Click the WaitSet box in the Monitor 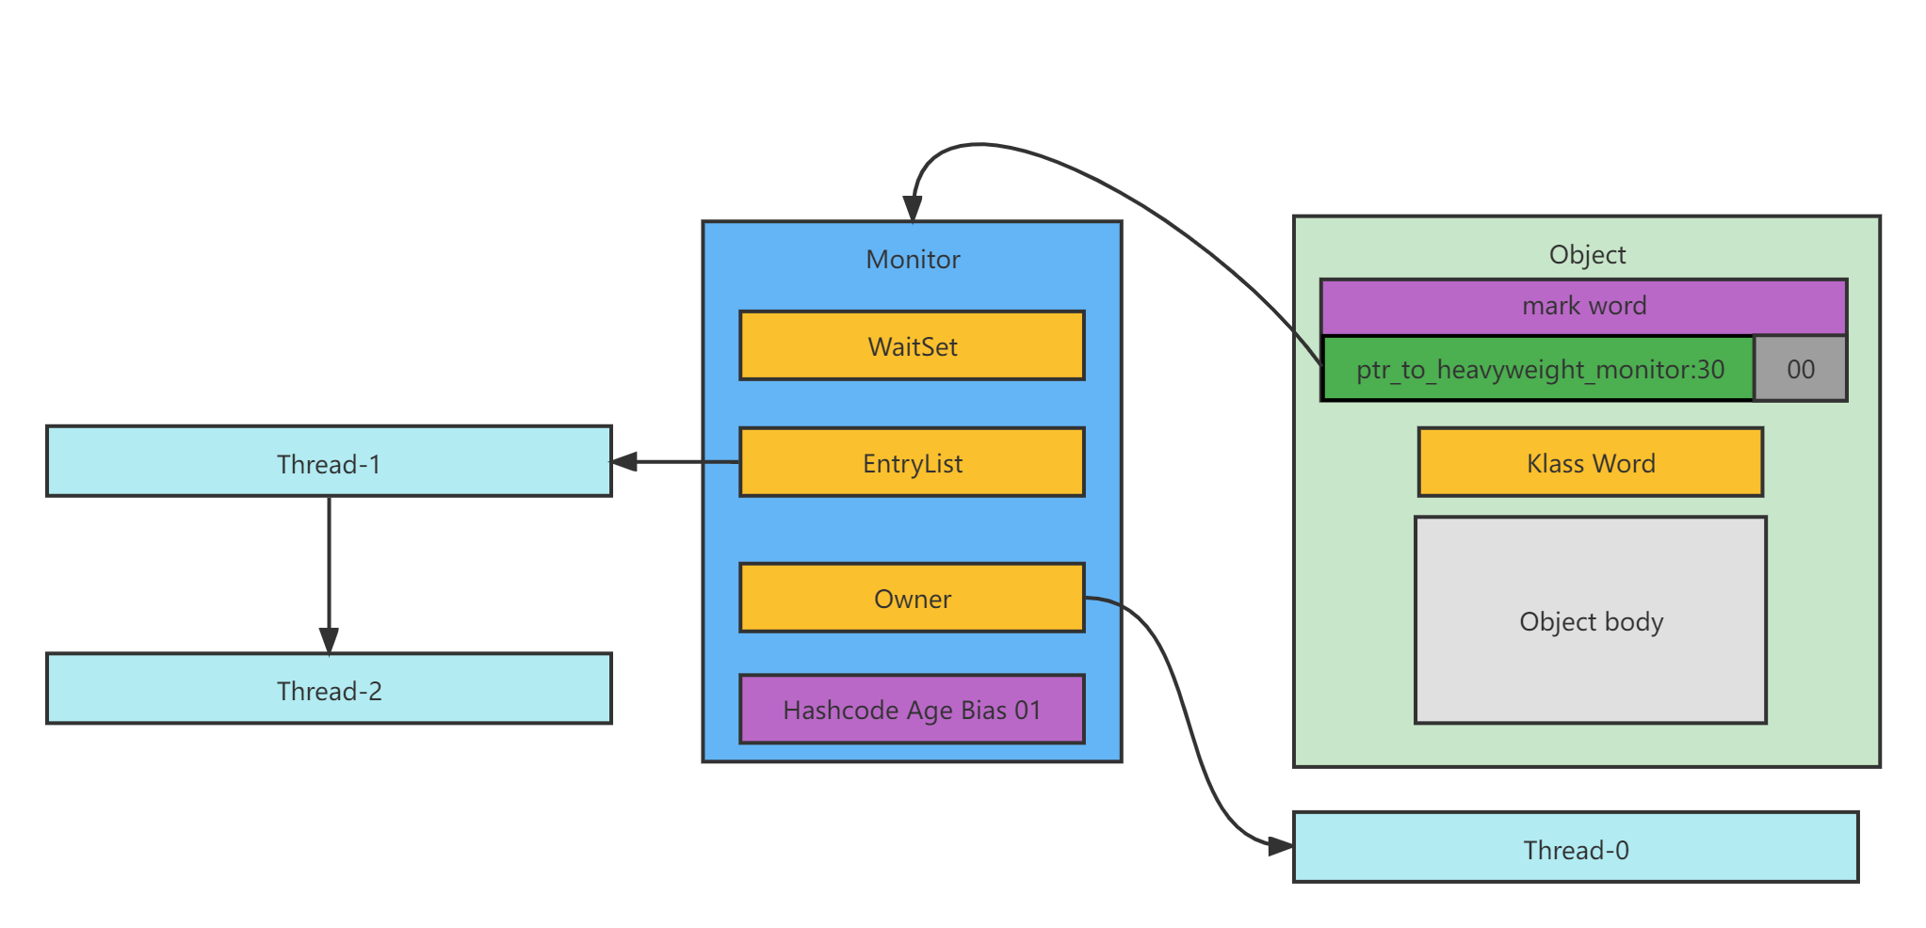912,346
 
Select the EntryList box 912,463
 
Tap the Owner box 912,599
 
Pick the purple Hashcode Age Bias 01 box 912,710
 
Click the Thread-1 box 329,462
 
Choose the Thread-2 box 329,690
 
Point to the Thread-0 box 1576,848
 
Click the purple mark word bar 1583,307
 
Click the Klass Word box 1590,463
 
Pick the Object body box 1590,621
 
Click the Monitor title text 913,260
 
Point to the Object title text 1587,255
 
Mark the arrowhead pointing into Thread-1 624,462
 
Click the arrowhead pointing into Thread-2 329,641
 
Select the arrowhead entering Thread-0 1280,847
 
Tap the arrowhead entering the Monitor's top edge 913,209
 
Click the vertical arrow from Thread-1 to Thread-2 329,565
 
